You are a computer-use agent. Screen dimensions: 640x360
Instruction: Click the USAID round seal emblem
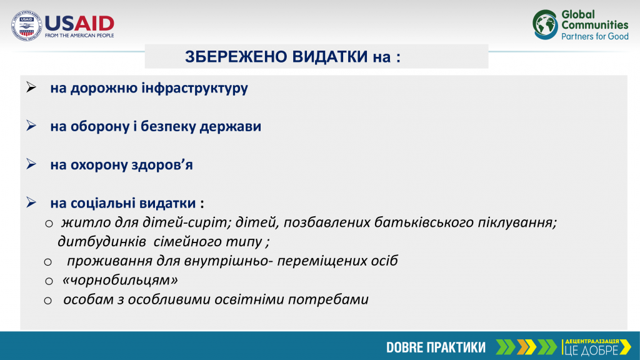pyautogui.click(x=26, y=25)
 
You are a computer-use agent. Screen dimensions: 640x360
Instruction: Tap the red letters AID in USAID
pyautogui.click(x=94, y=24)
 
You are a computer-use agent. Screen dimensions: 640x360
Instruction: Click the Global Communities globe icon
pyautogui.click(x=545, y=24)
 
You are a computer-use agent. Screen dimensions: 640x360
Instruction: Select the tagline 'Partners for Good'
pyautogui.click(x=595, y=36)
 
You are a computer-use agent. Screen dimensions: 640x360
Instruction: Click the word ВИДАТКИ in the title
pyautogui.click(x=330, y=57)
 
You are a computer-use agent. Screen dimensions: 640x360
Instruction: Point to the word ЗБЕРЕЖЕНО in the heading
pyautogui.click(x=236, y=57)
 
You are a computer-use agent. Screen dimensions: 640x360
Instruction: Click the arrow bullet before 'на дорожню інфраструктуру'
pyautogui.click(x=31, y=87)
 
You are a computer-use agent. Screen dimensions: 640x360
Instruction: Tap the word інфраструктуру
pyautogui.click(x=195, y=88)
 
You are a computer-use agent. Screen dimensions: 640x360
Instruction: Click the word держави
pyautogui.click(x=230, y=126)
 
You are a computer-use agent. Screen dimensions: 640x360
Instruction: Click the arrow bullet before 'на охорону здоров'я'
pyautogui.click(x=31, y=164)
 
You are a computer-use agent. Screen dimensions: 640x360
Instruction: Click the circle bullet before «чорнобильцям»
pyautogui.click(x=49, y=281)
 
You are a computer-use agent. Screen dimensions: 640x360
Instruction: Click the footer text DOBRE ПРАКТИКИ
pyautogui.click(x=436, y=347)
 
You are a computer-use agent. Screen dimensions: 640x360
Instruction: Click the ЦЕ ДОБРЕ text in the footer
pyautogui.click(x=591, y=350)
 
